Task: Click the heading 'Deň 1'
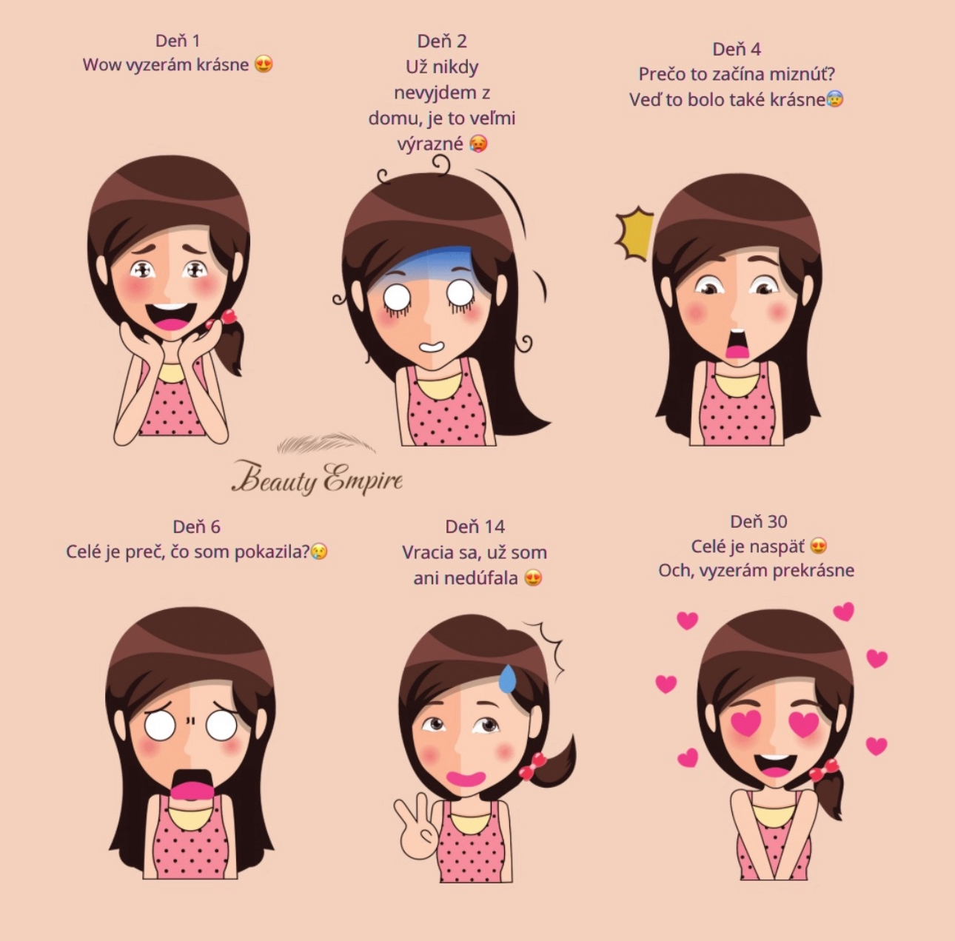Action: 178,41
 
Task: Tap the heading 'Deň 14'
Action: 475,526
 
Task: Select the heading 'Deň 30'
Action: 758,521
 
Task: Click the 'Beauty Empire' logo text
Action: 317,478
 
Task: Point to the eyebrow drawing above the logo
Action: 326,443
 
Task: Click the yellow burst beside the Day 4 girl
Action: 634,233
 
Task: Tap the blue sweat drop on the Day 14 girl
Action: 507,679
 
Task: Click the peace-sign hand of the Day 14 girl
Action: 415,826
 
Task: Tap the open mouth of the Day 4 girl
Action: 737,344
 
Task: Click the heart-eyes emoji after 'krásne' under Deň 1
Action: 264,64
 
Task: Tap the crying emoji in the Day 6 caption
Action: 320,552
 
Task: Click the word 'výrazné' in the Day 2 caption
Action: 430,144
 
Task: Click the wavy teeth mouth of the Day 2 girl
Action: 432,346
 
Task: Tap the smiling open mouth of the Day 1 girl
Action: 171,317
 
